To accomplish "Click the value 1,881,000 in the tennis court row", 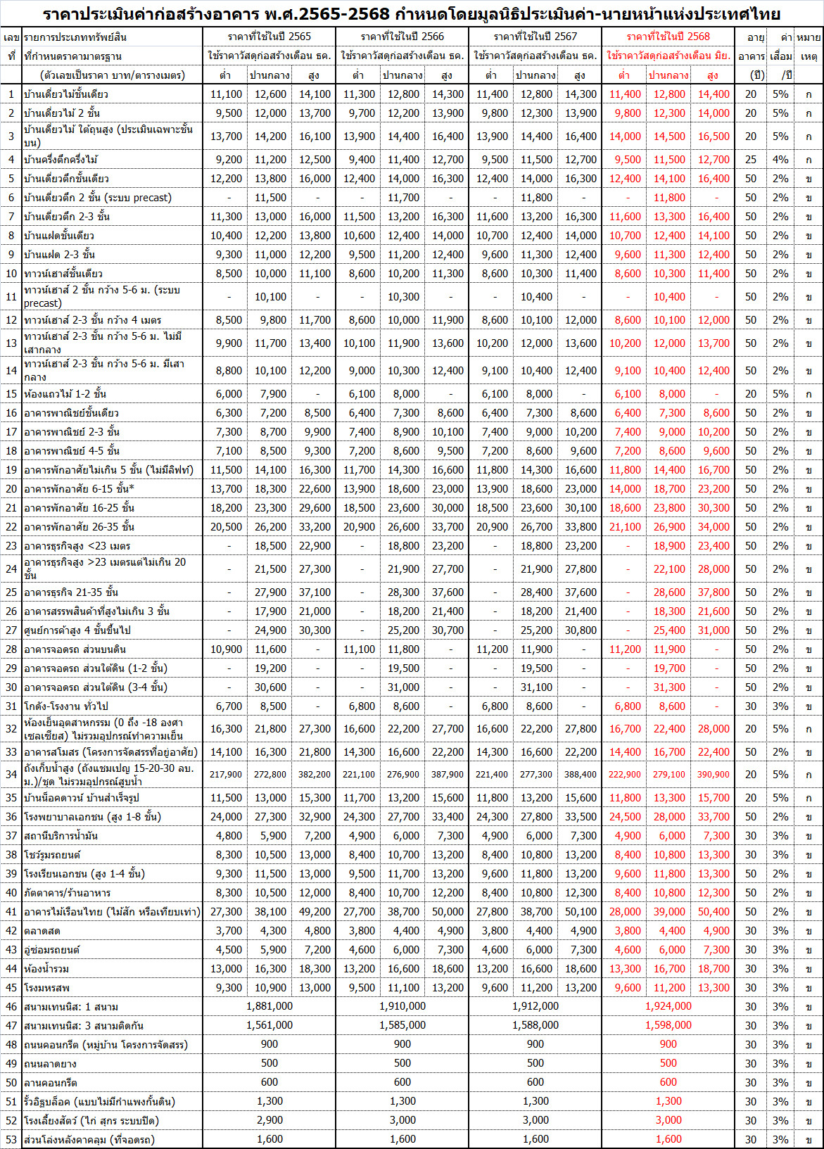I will tap(270, 1006).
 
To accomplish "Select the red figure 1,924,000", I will tap(668, 1006).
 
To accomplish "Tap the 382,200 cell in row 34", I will tap(314, 774).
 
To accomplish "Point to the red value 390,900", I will tap(713, 774).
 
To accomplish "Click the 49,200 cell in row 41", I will tap(315, 911).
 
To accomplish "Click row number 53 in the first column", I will tap(11, 1139).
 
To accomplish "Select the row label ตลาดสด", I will tap(42, 930).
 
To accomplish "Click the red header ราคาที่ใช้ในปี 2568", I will tap(668, 37).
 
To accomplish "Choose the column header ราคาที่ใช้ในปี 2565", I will tap(270, 37).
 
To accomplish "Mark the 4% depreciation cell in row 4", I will tap(780, 160).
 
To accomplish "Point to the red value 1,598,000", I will tap(668, 1025).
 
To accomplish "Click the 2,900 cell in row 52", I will tap(270, 1120).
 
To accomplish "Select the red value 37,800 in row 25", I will tap(714, 592).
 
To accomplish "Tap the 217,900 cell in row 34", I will tap(226, 774).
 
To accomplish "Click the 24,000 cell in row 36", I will tap(226, 816).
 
